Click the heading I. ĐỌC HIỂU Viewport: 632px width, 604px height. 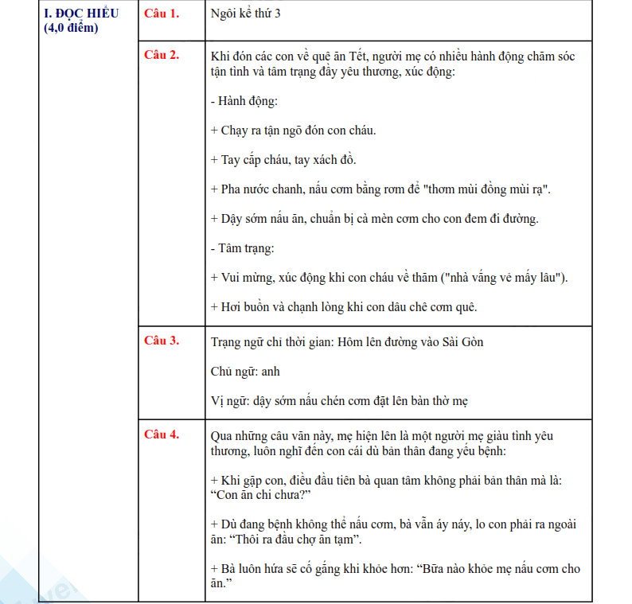(81, 14)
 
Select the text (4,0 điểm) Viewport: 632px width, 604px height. (72, 29)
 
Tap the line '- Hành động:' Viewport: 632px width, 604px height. (244, 102)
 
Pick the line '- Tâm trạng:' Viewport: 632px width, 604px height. (243, 247)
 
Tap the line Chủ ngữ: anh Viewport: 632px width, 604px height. (245, 372)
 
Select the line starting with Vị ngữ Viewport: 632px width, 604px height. (339, 401)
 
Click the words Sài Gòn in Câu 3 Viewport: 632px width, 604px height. (461, 342)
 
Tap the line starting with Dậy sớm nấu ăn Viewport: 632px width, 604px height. (374, 219)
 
